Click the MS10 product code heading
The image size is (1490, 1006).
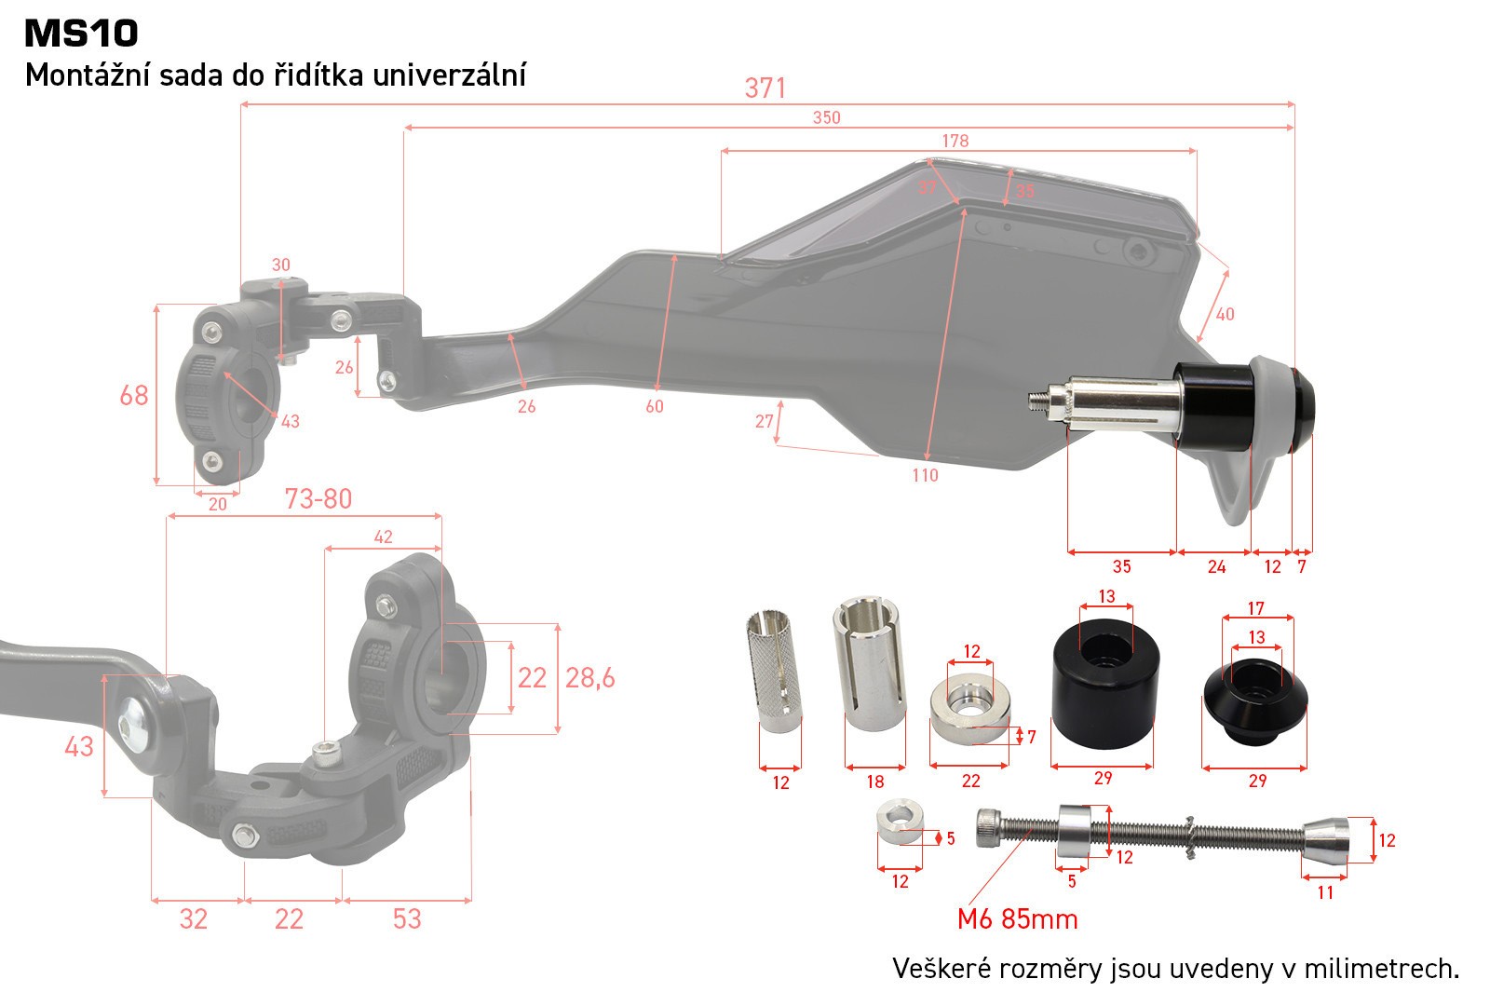tap(81, 34)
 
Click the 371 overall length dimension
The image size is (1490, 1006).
tap(765, 88)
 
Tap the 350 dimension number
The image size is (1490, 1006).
tap(826, 117)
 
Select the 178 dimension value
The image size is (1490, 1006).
tap(955, 141)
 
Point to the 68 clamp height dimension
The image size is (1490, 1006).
tap(134, 396)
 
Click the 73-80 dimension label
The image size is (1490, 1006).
tap(318, 499)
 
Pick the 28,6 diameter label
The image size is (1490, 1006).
tap(590, 678)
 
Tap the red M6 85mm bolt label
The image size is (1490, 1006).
tap(1017, 919)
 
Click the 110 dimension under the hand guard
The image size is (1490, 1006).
tap(925, 475)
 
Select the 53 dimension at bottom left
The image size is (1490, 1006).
tap(407, 919)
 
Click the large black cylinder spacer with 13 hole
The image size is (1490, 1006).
tap(1103, 689)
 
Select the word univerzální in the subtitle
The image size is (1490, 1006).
tap(449, 75)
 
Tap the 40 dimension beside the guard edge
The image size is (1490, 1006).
tap(1226, 314)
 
